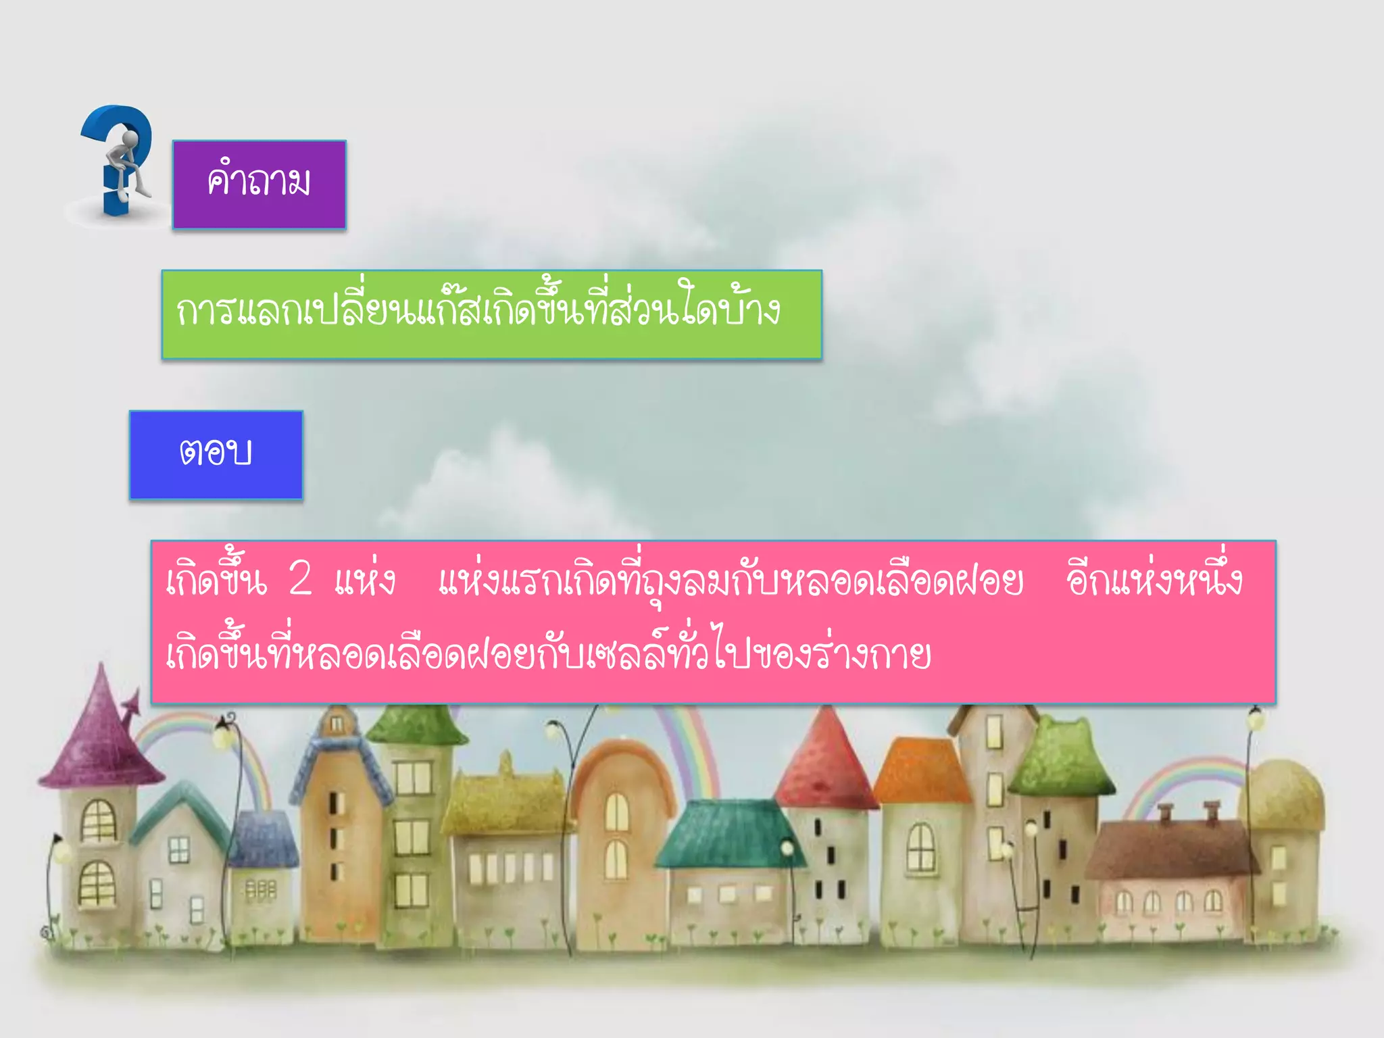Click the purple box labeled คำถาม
coord(259,184)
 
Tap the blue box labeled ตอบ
coord(216,454)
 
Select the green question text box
coord(491,314)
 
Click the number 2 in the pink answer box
coord(300,578)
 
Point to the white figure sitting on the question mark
coord(128,162)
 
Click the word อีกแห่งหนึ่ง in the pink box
coord(1154,580)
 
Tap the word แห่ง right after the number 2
coord(365,580)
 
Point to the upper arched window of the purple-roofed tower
coord(99,820)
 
